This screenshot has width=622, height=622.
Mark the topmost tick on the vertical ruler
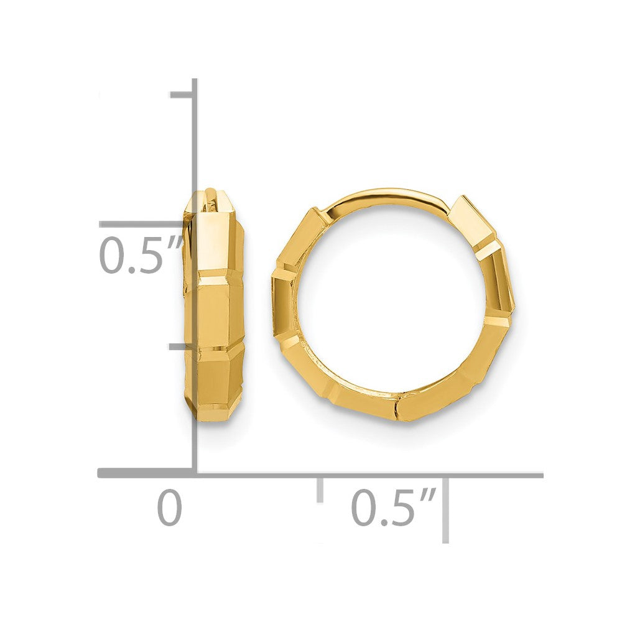point(182,95)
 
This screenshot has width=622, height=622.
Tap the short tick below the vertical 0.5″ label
point(181,346)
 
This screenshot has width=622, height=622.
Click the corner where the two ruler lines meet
point(195,474)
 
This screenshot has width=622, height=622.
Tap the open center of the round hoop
point(392,299)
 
